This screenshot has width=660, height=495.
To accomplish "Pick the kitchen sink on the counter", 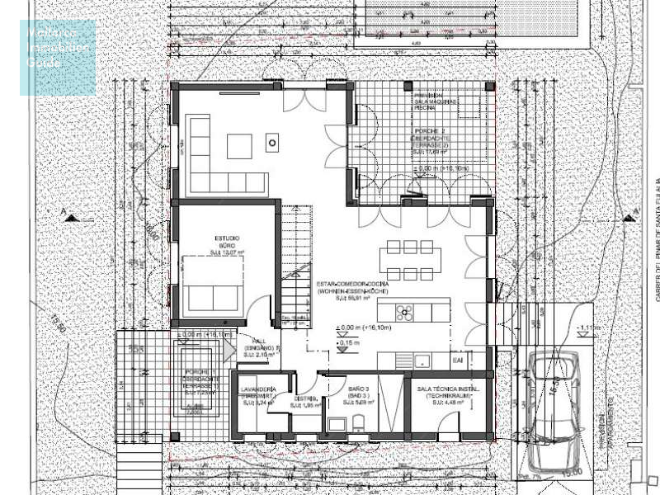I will pos(422,360).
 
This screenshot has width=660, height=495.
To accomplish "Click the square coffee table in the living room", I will pos(242,145).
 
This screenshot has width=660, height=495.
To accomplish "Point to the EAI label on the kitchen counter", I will pos(458,360).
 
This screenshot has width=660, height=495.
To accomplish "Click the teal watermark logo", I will pos(58,57).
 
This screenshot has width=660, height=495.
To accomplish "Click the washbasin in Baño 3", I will pos(334,424).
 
